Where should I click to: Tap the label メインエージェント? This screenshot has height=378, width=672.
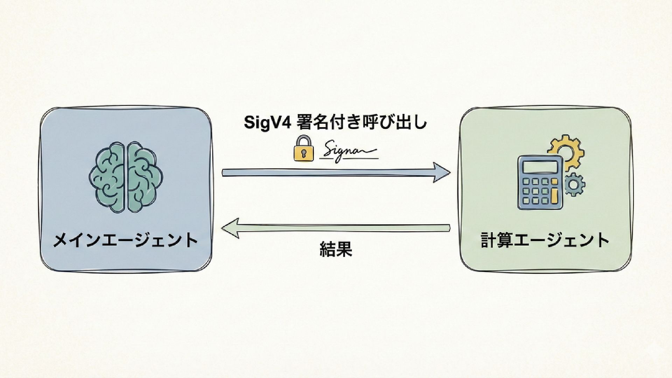coord(125,241)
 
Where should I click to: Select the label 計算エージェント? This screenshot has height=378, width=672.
coord(545,241)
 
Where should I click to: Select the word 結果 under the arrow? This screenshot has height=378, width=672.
coord(336,249)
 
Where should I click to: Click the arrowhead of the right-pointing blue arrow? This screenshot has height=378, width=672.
coord(441,172)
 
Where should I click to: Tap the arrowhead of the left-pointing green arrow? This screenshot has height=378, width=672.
coord(231,229)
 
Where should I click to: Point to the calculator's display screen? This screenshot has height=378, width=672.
coord(539,166)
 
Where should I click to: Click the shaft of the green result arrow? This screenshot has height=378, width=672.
coord(343,229)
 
